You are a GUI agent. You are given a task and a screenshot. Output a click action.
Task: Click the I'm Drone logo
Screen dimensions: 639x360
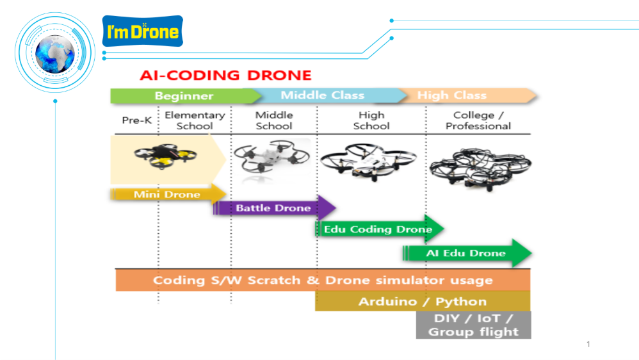pos(143,31)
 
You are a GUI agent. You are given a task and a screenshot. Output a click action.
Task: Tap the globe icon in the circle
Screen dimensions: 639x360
pos(55,54)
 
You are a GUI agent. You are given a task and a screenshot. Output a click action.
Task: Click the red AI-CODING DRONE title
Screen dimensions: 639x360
pos(225,76)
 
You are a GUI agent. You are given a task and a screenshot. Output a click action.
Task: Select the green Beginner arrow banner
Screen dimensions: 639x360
pos(186,96)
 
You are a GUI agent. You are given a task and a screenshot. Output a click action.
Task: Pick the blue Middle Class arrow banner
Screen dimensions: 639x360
pos(323,95)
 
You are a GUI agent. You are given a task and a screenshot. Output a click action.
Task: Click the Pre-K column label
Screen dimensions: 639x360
pos(137,120)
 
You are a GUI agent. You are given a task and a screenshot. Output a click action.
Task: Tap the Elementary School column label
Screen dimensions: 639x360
pos(195,120)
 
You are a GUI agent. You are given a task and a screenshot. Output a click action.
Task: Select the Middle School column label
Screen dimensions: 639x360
pos(274,120)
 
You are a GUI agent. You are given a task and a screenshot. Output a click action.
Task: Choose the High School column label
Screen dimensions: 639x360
pos(371,120)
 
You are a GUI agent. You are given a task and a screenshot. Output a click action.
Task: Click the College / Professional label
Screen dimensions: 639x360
pos(478,120)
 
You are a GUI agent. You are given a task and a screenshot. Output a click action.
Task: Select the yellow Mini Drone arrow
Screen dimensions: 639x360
pos(168,194)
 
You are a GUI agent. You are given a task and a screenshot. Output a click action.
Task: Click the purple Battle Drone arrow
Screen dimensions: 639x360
pos(274,208)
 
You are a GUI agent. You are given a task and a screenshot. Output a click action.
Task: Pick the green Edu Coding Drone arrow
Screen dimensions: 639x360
pos(380,229)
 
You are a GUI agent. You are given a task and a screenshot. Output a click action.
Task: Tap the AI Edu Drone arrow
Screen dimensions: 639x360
pos(467,253)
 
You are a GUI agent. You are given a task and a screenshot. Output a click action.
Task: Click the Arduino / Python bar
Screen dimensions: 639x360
pos(423,301)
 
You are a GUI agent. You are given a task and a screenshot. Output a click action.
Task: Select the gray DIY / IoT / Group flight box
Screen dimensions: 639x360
pos(474,325)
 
